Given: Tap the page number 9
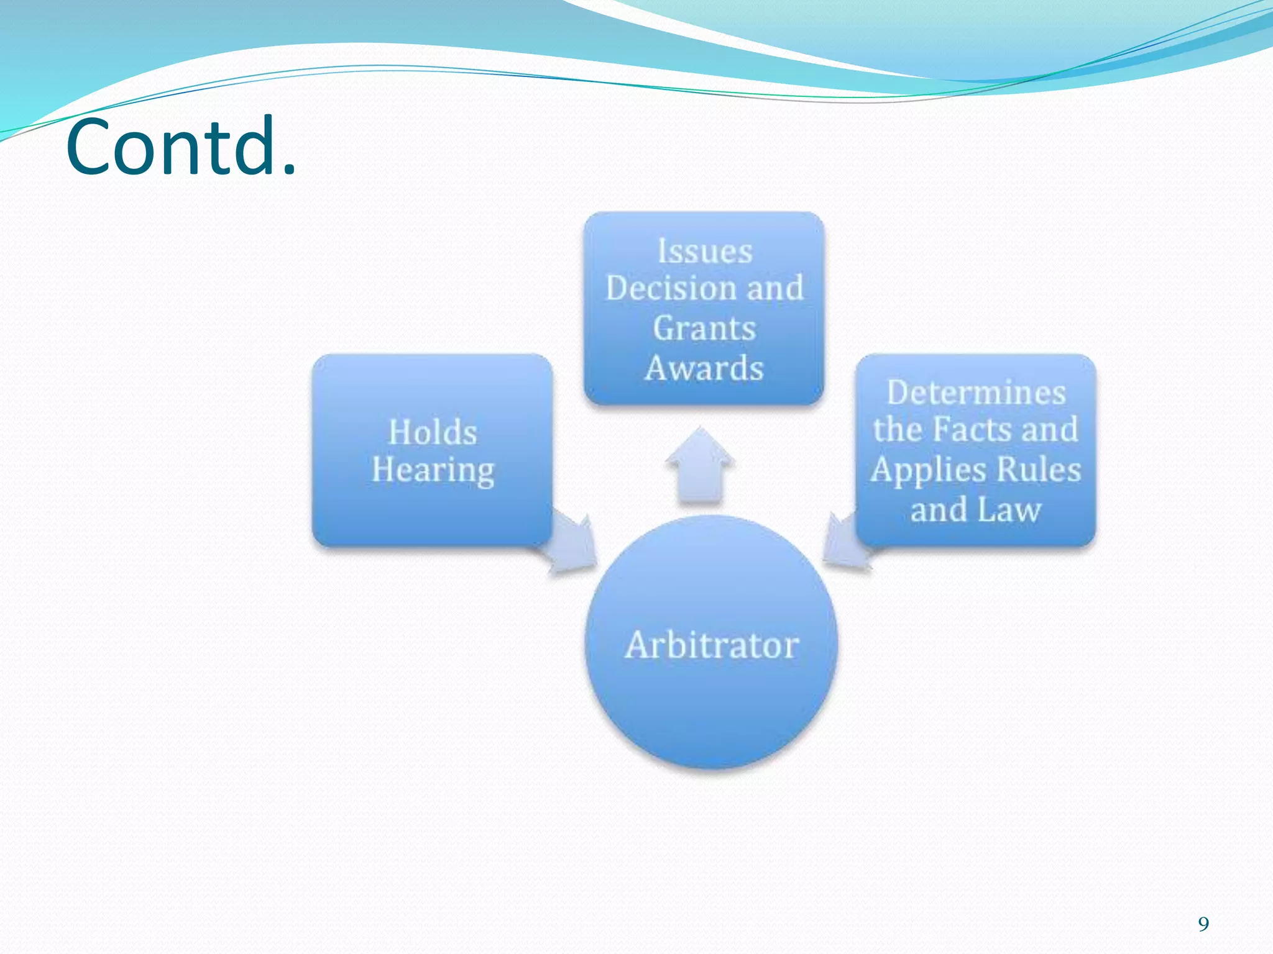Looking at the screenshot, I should coord(1203,924).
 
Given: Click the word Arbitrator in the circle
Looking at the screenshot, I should coord(712,645).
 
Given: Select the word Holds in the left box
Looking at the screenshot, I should coord(433,432).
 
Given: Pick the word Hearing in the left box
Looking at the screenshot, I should coord(433,470).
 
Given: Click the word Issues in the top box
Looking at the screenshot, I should coord(705,252).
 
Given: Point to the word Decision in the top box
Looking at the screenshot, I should coord(671,289).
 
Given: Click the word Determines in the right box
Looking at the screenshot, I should coord(976,393).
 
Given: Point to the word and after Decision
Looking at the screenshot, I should coord(774,289).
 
